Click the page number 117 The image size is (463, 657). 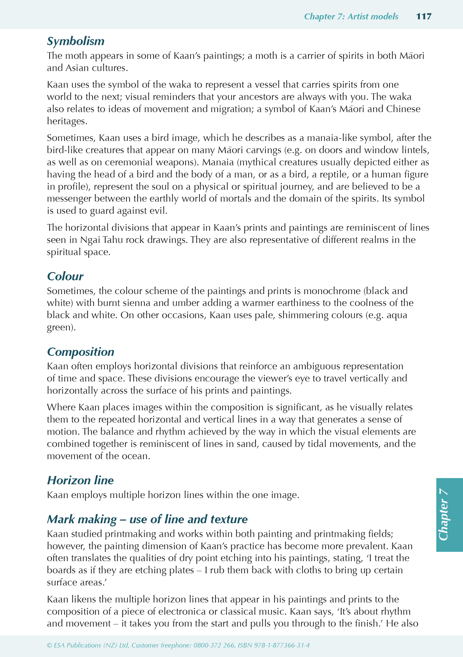click(x=424, y=16)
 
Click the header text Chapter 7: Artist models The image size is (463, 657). click(x=351, y=16)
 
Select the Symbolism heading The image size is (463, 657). click(x=76, y=41)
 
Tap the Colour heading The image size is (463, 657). click(x=65, y=276)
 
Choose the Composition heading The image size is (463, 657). click(x=80, y=352)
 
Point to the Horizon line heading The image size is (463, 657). click(x=80, y=480)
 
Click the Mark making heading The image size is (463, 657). click(x=147, y=519)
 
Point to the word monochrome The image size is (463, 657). click(x=331, y=291)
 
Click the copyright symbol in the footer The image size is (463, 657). click(x=49, y=645)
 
